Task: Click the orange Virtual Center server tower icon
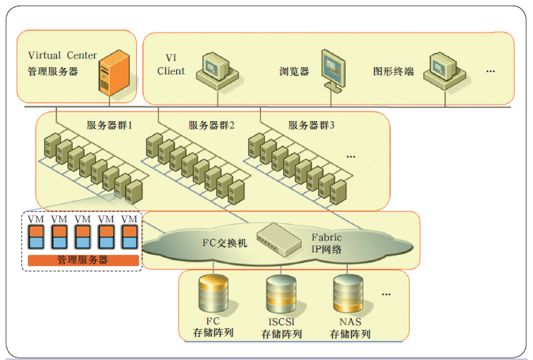[x=111, y=72]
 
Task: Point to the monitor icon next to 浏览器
[x=335, y=69]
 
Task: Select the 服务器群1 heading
[x=109, y=125]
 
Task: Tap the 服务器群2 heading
[x=212, y=125]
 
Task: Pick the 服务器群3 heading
[x=312, y=125]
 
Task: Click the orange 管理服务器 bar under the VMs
[x=83, y=260]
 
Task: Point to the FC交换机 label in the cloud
[x=226, y=243]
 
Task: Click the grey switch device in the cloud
[x=282, y=237]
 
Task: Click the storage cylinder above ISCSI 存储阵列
[x=281, y=296]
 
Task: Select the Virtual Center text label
[x=62, y=55]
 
